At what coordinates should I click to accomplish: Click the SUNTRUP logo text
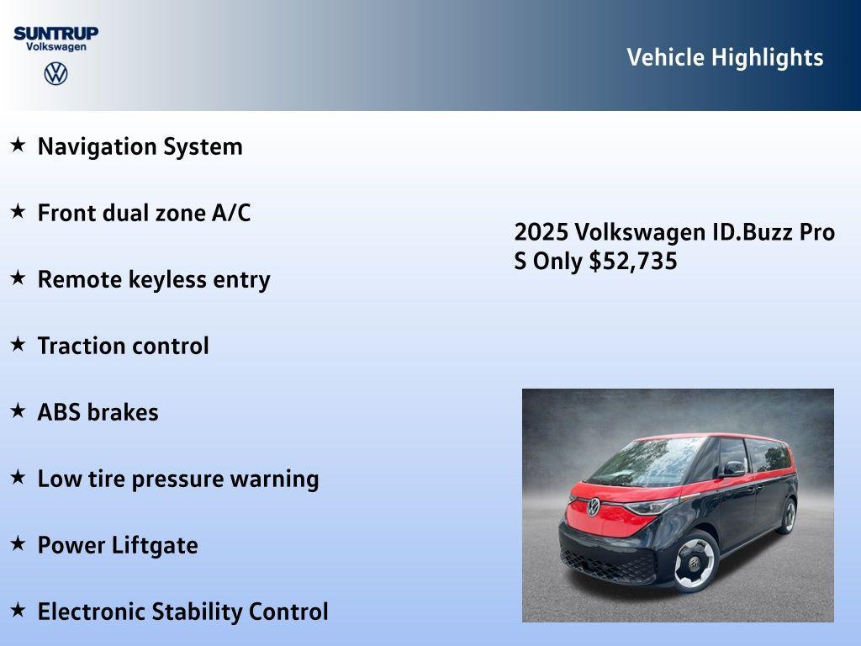tap(55, 33)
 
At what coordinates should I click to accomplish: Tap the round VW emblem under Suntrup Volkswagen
tap(55, 74)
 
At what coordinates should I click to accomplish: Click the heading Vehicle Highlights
tap(725, 57)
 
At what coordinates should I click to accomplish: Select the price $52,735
tap(633, 261)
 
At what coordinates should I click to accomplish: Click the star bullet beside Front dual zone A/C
tap(18, 212)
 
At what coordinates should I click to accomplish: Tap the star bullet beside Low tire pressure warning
tap(18, 478)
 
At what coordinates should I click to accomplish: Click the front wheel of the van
tap(694, 563)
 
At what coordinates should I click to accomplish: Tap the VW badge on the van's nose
tap(594, 506)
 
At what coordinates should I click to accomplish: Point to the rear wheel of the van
tap(788, 515)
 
